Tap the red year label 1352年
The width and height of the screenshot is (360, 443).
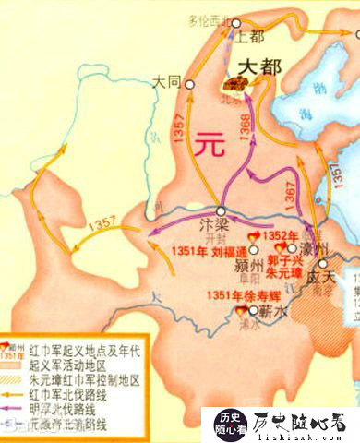click(281, 234)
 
